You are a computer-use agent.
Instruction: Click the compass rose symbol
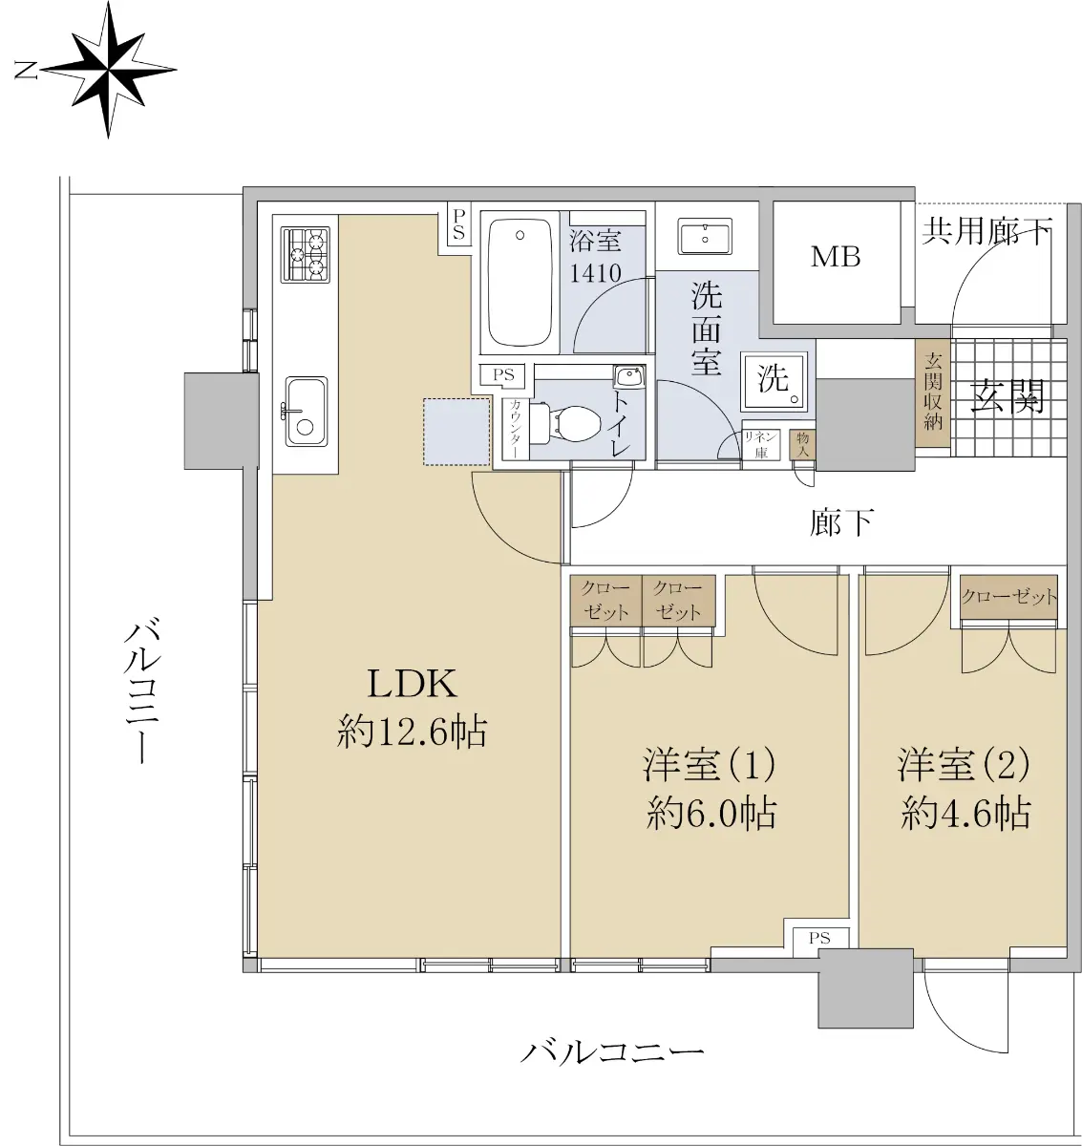pyautogui.click(x=108, y=69)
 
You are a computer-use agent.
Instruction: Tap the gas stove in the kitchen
pyautogui.click(x=305, y=254)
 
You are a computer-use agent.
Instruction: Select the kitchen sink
pyautogui.click(x=306, y=411)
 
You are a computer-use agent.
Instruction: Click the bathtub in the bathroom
pyautogui.click(x=520, y=284)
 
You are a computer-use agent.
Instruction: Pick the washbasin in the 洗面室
pyautogui.click(x=705, y=235)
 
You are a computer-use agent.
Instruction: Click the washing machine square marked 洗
pyautogui.click(x=774, y=379)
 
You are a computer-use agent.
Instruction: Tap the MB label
pyautogui.click(x=836, y=257)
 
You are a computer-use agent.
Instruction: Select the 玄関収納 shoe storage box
pyautogui.click(x=933, y=392)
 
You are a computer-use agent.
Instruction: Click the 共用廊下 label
pyautogui.click(x=987, y=231)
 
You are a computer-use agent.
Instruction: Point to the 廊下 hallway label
pyautogui.click(x=841, y=522)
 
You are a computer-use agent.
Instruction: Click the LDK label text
pyautogui.click(x=413, y=684)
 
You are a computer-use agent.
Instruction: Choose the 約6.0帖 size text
pyautogui.click(x=711, y=814)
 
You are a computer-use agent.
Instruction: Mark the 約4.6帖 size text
pyautogui.click(x=965, y=814)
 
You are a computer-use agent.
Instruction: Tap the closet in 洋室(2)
pyautogui.click(x=1008, y=598)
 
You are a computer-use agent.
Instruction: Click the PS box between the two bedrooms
pyautogui.click(x=819, y=938)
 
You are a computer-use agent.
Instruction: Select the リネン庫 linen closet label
pyautogui.click(x=761, y=445)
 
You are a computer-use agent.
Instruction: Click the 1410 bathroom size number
pyautogui.click(x=595, y=273)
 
